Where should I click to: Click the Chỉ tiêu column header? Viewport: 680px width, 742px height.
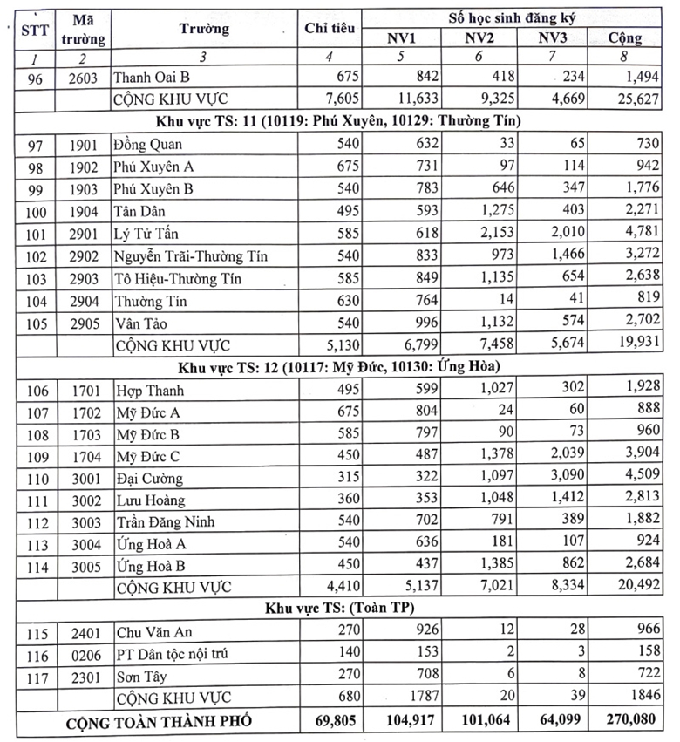[330, 28]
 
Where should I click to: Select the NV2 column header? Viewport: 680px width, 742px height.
[479, 37]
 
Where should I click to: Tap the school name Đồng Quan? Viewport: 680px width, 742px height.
[148, 144]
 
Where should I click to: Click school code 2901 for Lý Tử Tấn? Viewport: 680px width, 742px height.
[89, 234]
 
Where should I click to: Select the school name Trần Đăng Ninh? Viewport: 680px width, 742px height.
[165, 523]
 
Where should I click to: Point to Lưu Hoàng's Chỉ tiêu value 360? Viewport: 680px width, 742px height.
[343, 500]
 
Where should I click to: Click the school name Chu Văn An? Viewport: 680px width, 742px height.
[150, 630]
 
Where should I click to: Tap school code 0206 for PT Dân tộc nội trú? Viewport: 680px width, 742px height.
[89, 653]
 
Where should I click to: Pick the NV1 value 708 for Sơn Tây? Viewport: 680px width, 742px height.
[425, 676]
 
